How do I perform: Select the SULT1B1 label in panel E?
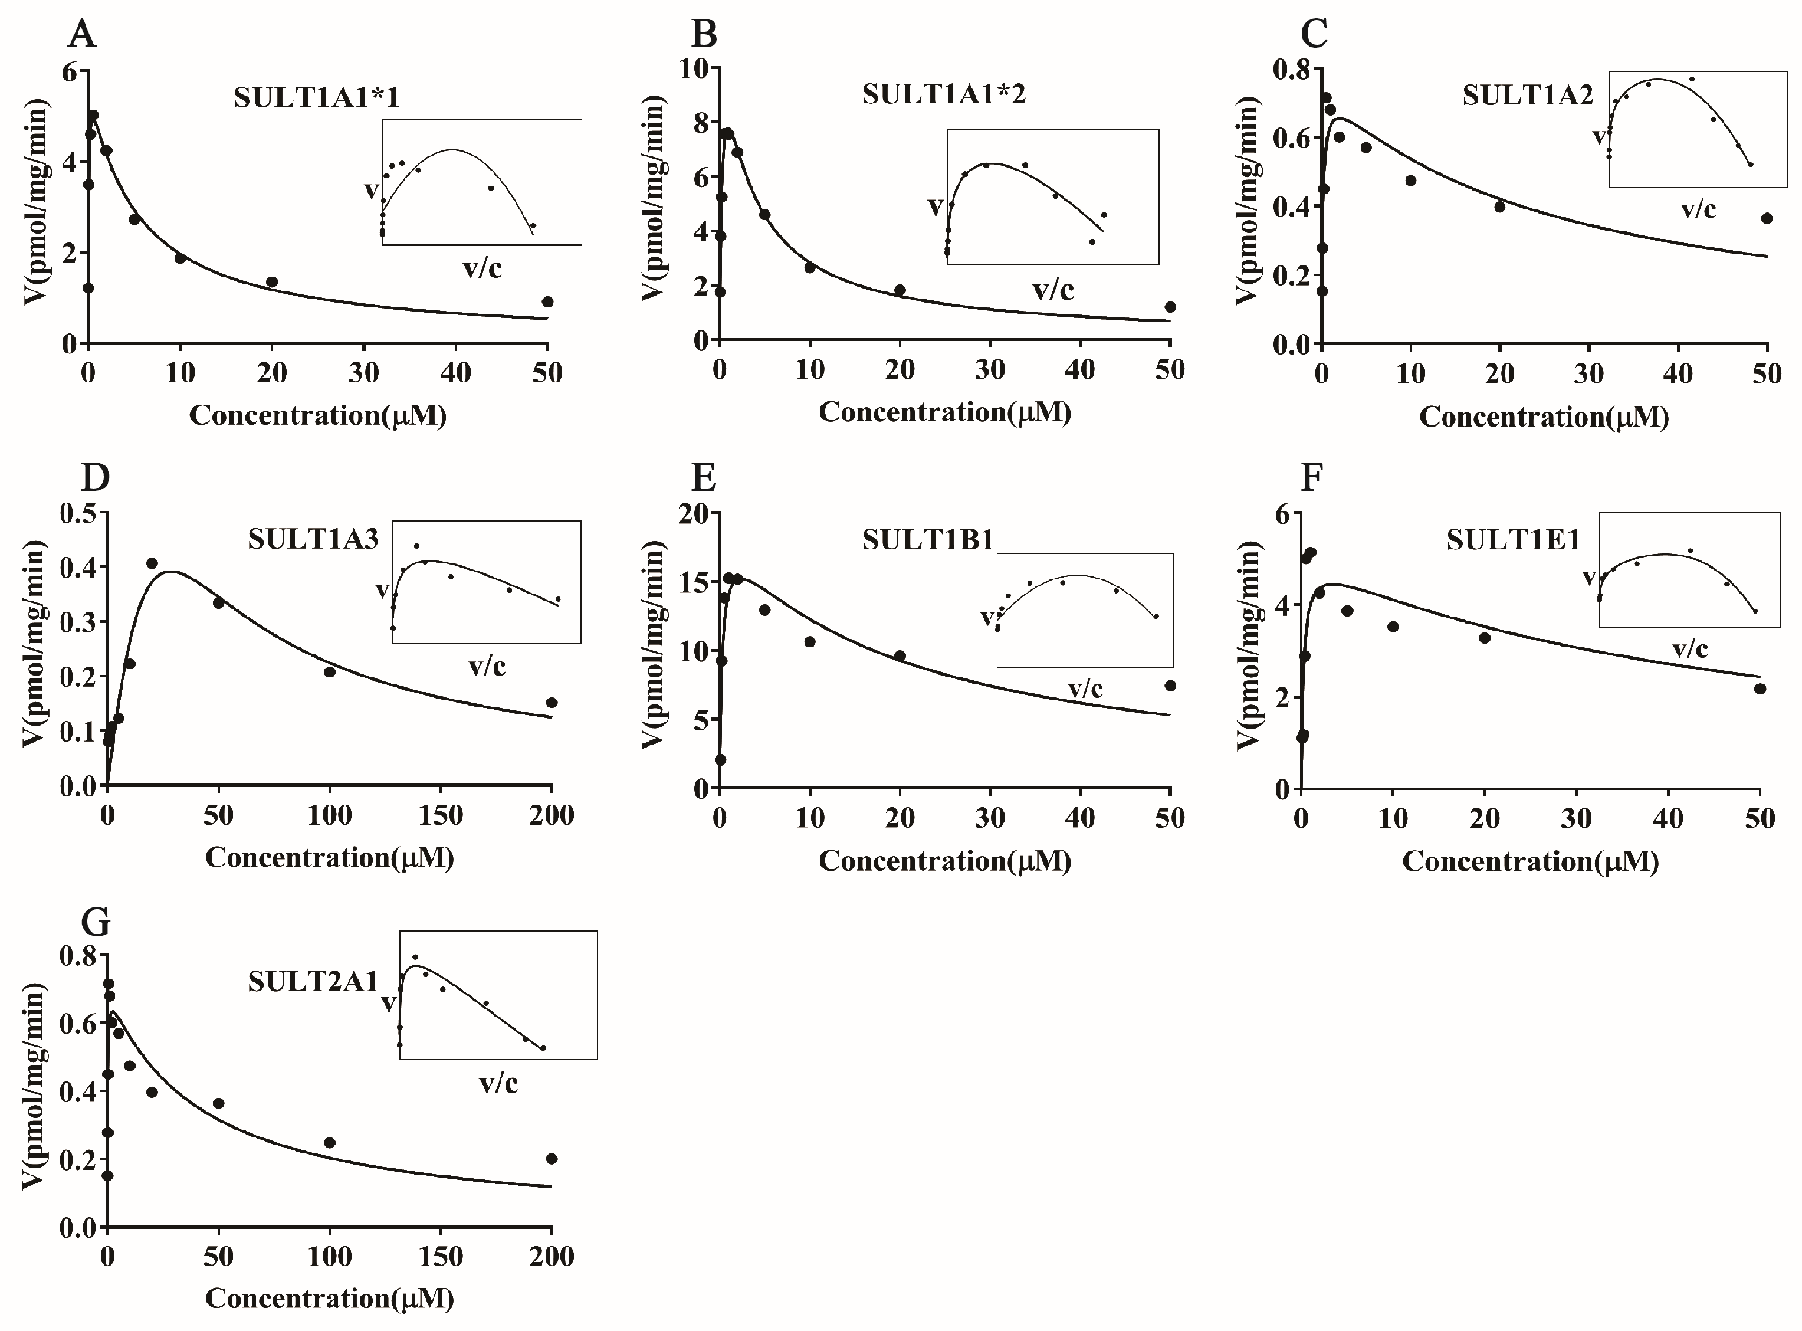coord(927,539)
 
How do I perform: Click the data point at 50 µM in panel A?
coord(548,302)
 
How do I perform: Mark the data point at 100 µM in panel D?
coord(330,672)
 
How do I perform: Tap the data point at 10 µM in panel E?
coord(809,642)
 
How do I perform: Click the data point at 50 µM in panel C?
coord(1767,218)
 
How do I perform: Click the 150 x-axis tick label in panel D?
coord(441,815)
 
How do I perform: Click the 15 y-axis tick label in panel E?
coord(694,582)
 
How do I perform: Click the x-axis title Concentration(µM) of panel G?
coord(330,1298)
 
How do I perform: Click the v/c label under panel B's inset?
coord(1053,290)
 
